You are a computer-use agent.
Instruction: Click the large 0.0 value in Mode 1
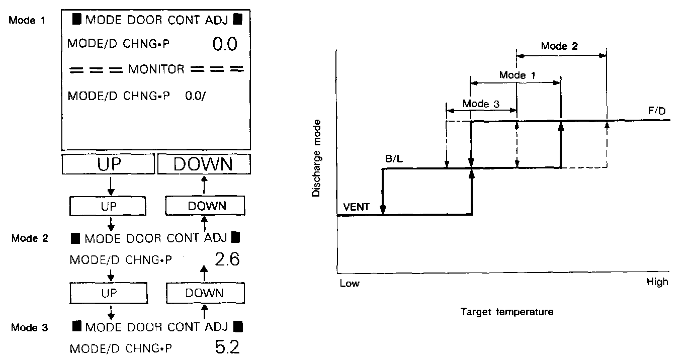(x=225, y=45)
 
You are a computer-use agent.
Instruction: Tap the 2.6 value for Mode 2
(x=227, y=259)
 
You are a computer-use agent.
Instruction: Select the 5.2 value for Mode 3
(x=227, y=347)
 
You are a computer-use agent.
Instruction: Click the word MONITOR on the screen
(x=156, y=69)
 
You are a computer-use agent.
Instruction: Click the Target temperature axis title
(x=507, y=312)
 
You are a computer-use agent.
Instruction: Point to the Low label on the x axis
(x=350, y=283)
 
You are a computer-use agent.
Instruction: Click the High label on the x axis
(x=657, y=282)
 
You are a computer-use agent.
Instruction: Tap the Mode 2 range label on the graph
(x=559, y=46)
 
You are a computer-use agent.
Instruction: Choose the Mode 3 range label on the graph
(x=481, y=104)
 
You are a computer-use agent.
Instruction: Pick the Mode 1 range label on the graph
(x=517, y=75)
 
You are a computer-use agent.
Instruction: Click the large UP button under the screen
(x=108, y=164)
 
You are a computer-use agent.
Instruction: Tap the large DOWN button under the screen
(x=204, y=164)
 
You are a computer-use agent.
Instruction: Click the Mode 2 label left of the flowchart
(x=30, y=238)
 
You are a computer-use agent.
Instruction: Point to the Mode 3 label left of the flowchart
(x=30, y=327)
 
